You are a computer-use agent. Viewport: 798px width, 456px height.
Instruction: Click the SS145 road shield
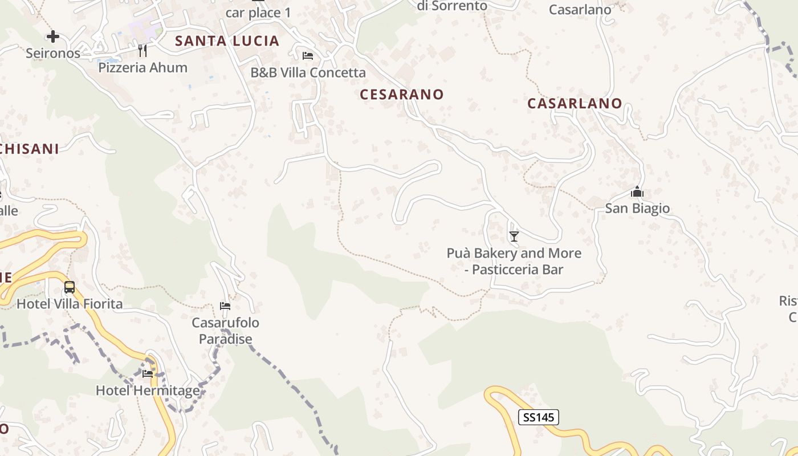point(539,417)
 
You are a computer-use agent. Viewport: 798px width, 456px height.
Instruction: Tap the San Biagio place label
point(637,208)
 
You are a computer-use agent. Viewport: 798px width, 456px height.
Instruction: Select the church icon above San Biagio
point(637,192)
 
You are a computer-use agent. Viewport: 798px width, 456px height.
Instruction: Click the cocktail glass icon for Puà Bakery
point(514,236)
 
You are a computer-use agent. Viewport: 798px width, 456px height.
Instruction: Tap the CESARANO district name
point(402,95)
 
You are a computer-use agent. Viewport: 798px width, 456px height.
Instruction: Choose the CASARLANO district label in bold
point(575,103)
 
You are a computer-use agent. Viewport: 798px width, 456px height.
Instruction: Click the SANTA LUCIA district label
point(227,41)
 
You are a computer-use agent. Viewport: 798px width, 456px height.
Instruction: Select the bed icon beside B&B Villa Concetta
point(308,56)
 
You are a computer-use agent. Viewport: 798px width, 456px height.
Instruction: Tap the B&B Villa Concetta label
point(308,72)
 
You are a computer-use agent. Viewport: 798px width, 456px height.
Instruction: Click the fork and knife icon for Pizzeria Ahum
point(142,51)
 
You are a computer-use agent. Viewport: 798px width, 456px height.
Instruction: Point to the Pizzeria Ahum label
point(142,67)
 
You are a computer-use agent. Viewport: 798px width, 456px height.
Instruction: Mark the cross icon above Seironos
point(53,36)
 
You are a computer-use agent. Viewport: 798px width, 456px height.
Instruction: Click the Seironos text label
point(53,53)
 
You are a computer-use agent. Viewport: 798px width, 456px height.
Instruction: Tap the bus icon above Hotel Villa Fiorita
point(70,287)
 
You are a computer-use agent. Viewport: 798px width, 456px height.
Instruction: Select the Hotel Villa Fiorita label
point(70,304)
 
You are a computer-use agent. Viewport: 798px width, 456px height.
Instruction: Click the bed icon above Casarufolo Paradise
point(225,306)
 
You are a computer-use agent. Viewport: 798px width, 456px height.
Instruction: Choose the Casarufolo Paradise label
point(225,331)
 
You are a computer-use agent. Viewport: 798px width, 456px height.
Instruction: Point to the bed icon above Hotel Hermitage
point(148,374)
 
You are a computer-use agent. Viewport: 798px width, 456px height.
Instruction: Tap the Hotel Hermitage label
point(148,390)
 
